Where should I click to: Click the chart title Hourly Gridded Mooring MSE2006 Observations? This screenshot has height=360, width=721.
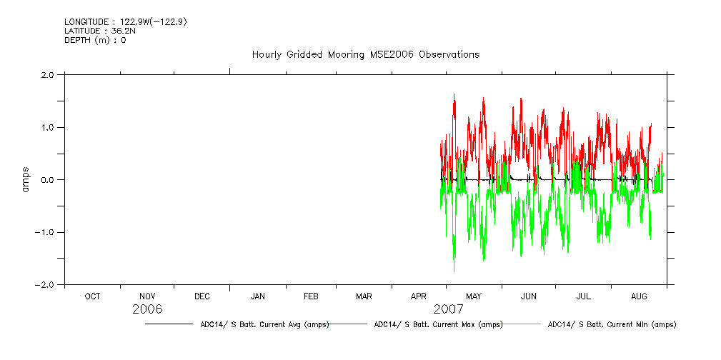click(365, 55)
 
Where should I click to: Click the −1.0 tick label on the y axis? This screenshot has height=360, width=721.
click(46, 232)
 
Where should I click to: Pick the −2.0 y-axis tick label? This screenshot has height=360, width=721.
click(46, 285)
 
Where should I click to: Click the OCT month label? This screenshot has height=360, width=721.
click(92, 296)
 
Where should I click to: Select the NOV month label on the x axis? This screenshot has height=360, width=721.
click(147, 296)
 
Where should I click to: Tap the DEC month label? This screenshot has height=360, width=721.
click(202, 296)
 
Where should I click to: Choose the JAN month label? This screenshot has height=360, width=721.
click(258, 296)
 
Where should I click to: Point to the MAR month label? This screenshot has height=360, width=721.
click(364, 296)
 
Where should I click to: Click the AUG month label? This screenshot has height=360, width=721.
click(640, 296)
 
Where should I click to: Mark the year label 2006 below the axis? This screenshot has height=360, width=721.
click(147, 309)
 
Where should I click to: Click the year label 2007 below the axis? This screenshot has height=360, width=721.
click(448, 309)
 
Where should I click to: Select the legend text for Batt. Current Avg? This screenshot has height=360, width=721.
click(264, 324)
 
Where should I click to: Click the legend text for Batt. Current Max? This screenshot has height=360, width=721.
click(438, 324)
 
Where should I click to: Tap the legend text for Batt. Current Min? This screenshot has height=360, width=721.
click(612, 324)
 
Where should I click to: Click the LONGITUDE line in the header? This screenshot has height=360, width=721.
click(126, 22)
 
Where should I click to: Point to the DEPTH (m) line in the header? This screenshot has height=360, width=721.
click(95, 40)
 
